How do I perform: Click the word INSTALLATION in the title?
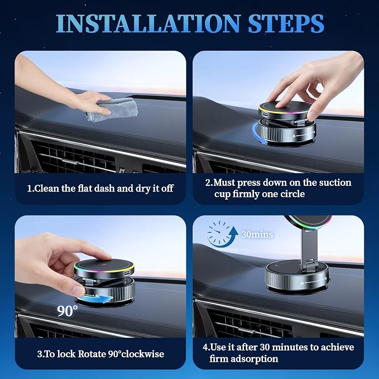[148, 23]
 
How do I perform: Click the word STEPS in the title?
[286, 23]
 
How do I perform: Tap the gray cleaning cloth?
[112, 109]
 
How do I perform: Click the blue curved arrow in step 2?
[258, 135]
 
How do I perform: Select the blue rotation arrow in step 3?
[95, 299]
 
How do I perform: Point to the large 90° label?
[68, 311]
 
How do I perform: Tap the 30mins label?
[257, 234]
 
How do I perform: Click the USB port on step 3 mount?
[127, 272]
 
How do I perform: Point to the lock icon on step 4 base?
[302, 283]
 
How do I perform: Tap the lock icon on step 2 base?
[294, 136]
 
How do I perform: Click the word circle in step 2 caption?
[292, 194]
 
